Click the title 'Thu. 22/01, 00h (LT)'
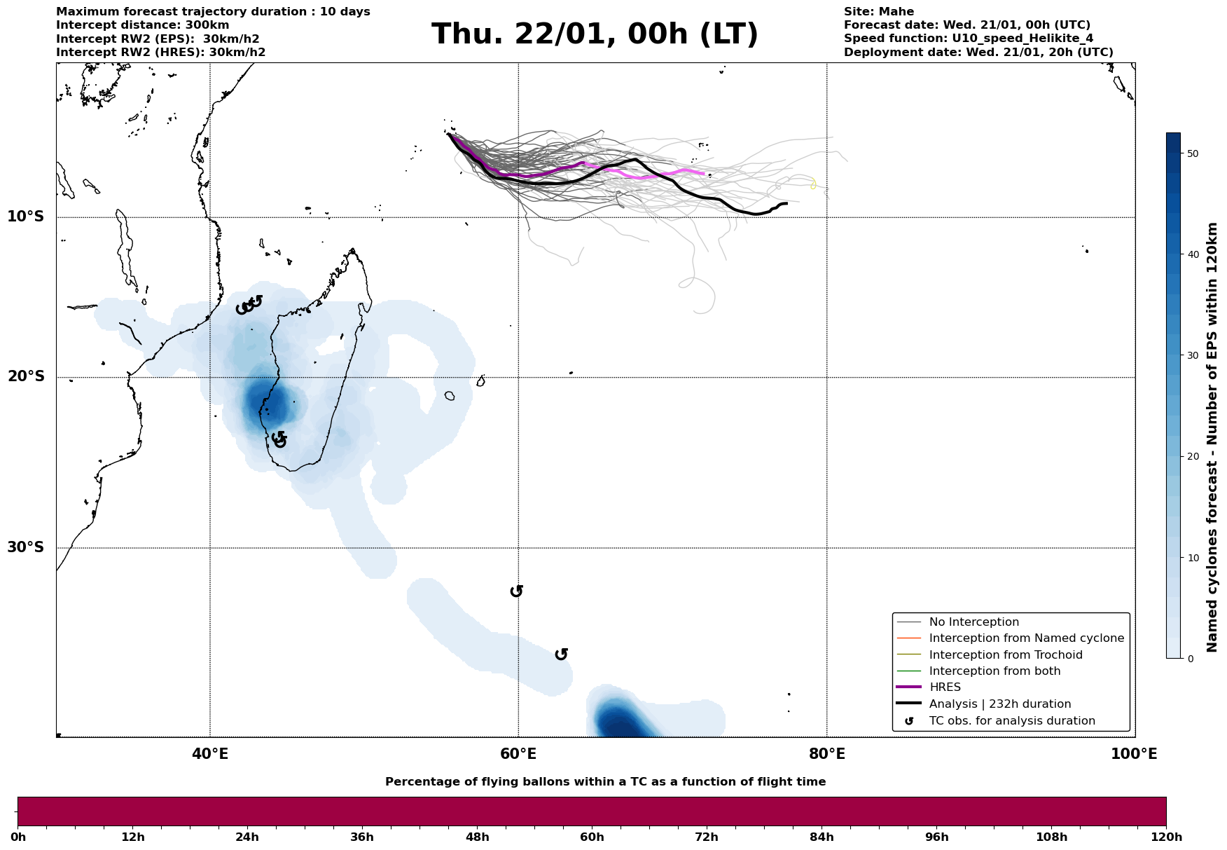[x=595, y=34]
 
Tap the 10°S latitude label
[x=26, y=217]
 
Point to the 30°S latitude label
[x=26, y=547]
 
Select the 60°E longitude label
[x=518, y=754]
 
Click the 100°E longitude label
[x=1134, y=754]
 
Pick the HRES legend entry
[x=945, y=687]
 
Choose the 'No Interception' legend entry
[x=973, y=622]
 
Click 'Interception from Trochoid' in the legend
[x=1006, y=655]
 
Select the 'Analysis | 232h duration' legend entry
[x=999, y=704]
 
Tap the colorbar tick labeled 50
[x=1193, y=153]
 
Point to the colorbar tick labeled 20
[x=1193, y=457]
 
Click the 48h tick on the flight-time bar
[x=478, y=837]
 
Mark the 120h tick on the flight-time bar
[x=1166, y=837]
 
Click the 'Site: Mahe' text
[x=878, y=12]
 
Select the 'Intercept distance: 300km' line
[x=142, y=25]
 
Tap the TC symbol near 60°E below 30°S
[x=517, y=591]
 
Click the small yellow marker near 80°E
[x=813, y=184]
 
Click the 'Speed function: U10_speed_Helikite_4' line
[x=968, y=39]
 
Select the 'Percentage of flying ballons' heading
[x=605, y=782]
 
